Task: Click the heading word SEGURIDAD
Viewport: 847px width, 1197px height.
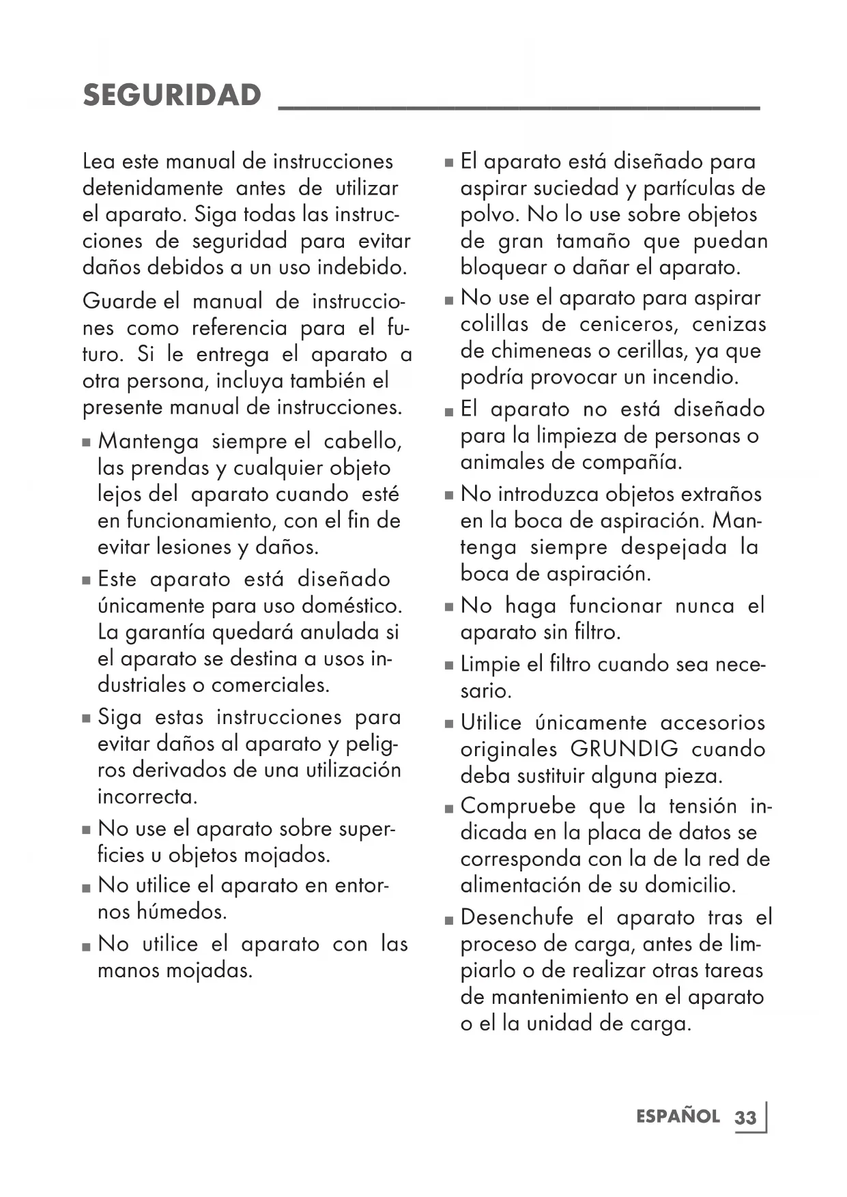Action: [172, 95]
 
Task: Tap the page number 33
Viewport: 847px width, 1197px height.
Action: [746, 1118]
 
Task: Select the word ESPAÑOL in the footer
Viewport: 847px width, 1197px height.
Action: [678, 1116]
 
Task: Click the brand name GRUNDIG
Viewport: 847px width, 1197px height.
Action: [625, 749]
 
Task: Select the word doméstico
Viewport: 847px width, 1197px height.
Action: [351, 606]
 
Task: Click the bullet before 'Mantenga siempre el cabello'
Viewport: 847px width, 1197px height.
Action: [86, 442]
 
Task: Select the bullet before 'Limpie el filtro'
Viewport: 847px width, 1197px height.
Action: [448, 665]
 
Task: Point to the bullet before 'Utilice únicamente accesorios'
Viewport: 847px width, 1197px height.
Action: [448, 724]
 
